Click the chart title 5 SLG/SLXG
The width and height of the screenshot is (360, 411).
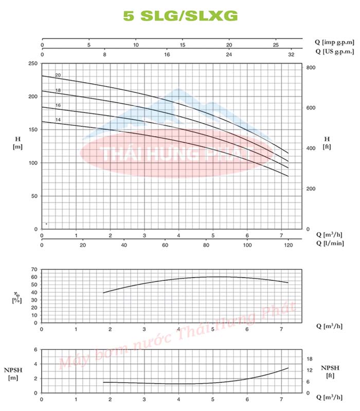point(181,16)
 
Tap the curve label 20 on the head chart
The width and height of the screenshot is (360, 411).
point(58,76)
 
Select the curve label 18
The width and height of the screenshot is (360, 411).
point(58,90)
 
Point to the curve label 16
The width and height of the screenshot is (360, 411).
point(58,105)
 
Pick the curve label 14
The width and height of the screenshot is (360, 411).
point(58,120)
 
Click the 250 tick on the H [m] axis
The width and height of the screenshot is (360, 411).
point(33,63)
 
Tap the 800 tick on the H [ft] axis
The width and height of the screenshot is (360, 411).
point(311,68)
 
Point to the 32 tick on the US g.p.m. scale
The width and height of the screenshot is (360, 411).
point(292,54)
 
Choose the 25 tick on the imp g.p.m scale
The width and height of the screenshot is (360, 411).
point(276,45)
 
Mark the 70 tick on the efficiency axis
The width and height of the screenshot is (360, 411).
point(34,269)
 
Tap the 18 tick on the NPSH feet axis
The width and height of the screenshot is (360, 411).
point(310,359)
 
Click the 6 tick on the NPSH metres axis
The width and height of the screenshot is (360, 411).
point(35,349)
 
